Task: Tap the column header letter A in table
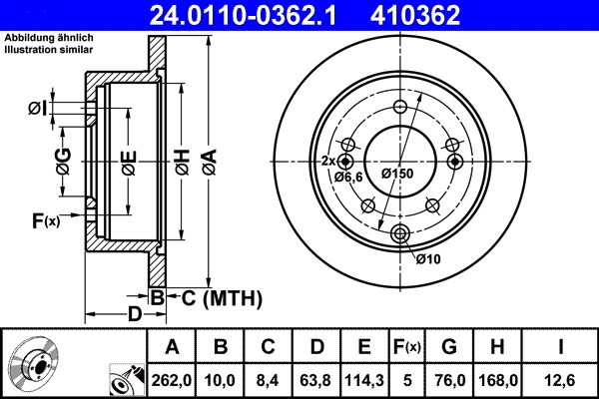point(172,347)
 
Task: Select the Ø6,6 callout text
point(347,177)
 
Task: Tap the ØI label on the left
point(37,108)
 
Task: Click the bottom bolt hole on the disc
point(400,233)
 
